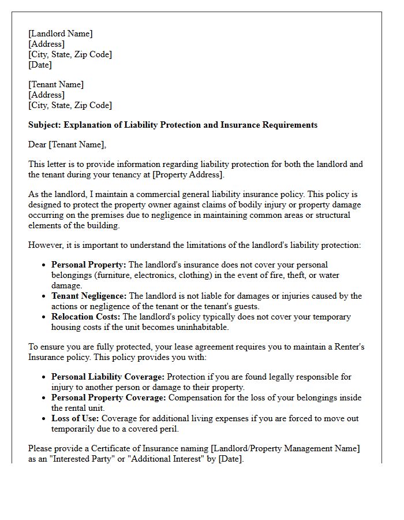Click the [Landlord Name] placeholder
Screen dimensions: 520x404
click(60, 34)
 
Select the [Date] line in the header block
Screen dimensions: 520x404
click(40, 65)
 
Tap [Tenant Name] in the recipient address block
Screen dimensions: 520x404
click(56, 84)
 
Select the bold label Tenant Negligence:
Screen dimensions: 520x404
click(89, 296)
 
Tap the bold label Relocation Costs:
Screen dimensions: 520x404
click(85, 317)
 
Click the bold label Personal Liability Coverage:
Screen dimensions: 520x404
click(108, 377)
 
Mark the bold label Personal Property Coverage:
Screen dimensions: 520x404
click(109, 398)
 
